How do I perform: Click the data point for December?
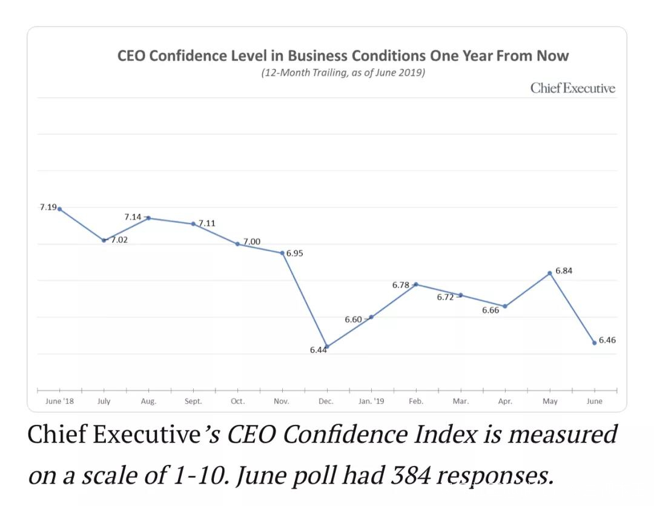coord(326,347)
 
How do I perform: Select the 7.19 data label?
coord(48,207)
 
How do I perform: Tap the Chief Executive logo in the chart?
coord(572,88)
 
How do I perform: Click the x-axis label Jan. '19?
coord(371,401)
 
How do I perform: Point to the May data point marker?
coord(549,273)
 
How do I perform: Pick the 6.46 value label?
coord(607,340)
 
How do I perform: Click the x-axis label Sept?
coord(193,401)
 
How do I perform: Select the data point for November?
coord(282,253)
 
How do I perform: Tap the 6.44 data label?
coord(318,350)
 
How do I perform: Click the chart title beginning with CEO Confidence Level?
coord(343,56)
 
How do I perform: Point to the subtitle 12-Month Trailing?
coord(343,73)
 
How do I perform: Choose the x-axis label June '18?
coord(59,401)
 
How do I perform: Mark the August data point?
coord(148,218)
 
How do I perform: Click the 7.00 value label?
coord(251,241)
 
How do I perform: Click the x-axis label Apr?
coord(504,401)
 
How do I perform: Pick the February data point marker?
coord(415,284)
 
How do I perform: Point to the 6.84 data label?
coord(563,271)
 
